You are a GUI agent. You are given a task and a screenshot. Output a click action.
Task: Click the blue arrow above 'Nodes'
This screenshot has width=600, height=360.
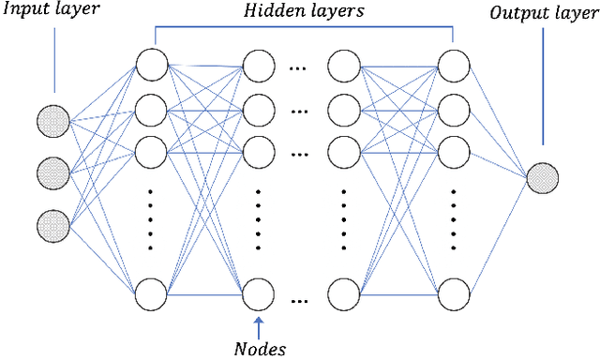(258, 323)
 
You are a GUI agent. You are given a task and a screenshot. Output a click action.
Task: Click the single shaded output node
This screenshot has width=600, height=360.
(542, 177)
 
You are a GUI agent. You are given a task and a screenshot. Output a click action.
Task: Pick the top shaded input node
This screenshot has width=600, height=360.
(53, 121)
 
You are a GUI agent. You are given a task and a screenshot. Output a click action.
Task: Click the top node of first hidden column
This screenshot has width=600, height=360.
(151, 66)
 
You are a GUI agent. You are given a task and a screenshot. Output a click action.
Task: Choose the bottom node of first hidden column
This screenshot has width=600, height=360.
(151, 294)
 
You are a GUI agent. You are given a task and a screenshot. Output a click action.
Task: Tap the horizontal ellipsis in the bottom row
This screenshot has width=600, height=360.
(300, 301)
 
